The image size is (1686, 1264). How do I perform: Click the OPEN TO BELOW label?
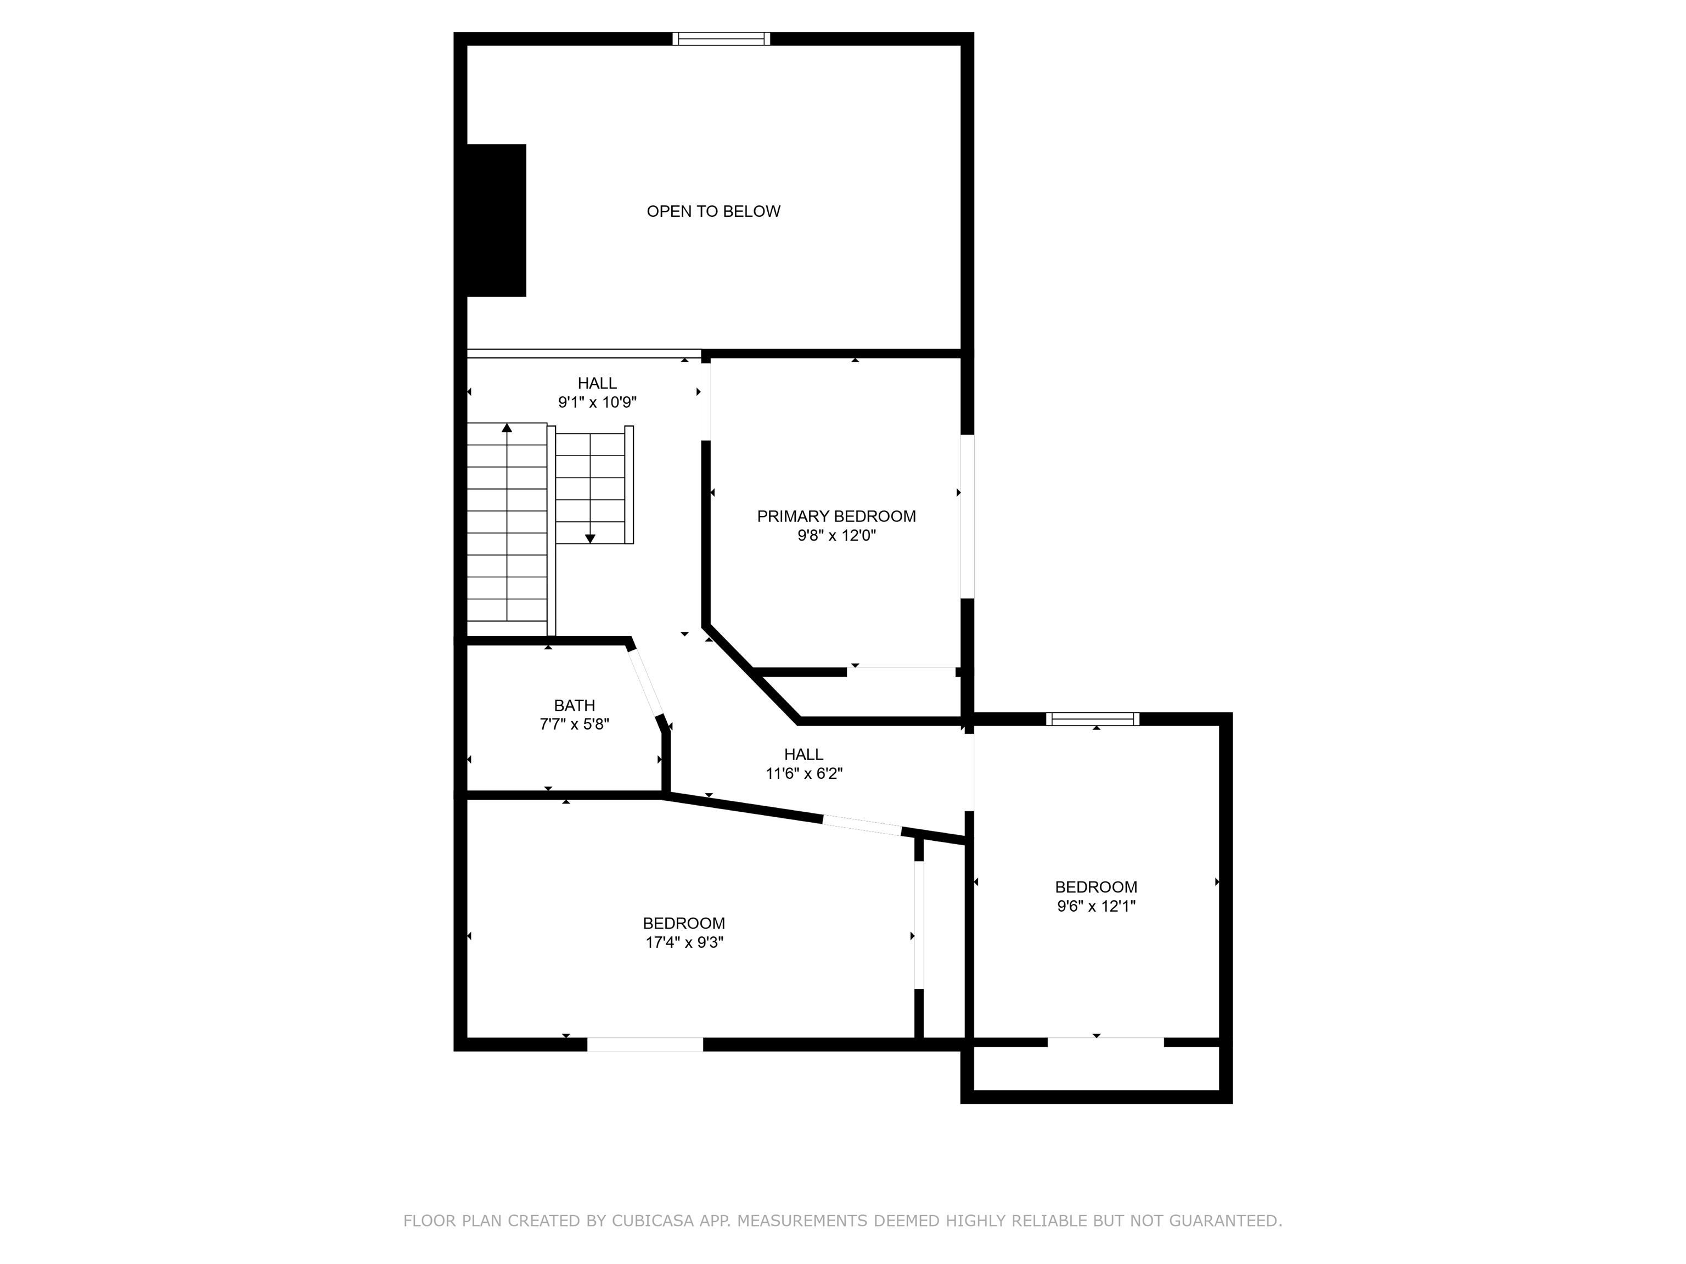coord(713,211)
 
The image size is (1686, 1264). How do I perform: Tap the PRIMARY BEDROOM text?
coord(836,516)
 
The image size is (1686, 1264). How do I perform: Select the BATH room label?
coord(575,705)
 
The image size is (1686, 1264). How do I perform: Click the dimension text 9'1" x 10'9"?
coord(597,402)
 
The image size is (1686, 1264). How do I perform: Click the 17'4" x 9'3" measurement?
coord(684,942)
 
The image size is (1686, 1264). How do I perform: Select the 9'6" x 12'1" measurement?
coord(1096,907)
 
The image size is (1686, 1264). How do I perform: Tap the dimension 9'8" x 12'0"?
coord(837,536)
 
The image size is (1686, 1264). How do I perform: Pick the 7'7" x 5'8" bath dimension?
coord(575,724)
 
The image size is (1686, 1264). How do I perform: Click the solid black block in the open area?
coord(496,220)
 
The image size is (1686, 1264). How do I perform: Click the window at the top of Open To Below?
coord(721,39)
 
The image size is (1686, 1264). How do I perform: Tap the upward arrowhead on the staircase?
coord(507,428)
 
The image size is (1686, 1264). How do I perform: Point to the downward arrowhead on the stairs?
coord(590,539)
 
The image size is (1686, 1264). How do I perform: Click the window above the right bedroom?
coord(1093,719)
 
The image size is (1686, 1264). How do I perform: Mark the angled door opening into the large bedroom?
coord(862,825)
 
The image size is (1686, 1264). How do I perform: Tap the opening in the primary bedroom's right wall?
coord(967,517)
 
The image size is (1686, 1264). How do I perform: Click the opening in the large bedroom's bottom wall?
coord(645,1045)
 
